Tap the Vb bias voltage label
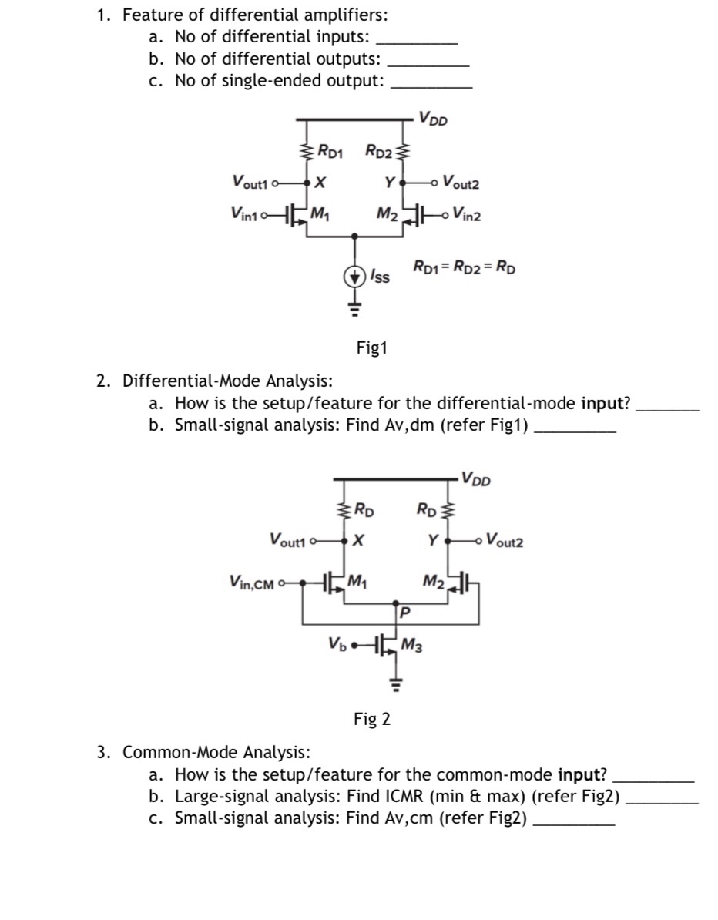coord(337,643)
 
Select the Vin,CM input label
coord(251,583)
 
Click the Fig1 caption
coord(371,348)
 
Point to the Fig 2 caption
coord(371,719)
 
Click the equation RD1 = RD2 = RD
coord(465,269)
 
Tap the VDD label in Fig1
coord(434,119)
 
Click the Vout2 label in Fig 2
coord(505,542)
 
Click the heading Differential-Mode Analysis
coord(228,381)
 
